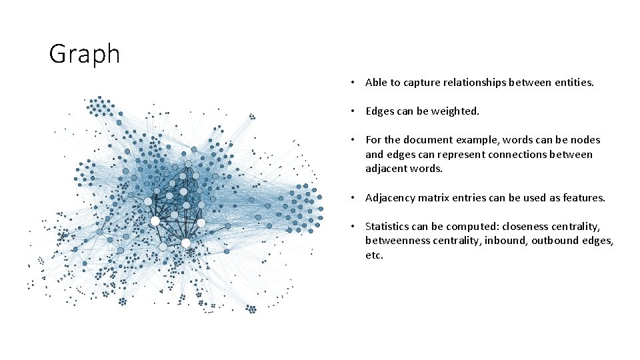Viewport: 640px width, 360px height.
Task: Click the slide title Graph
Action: pos(84,54)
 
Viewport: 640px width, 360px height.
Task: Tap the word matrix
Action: pos(439,197)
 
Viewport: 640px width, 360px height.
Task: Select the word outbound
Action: pos(556,241)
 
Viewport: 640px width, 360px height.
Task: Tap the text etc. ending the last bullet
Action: pos(374,255)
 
